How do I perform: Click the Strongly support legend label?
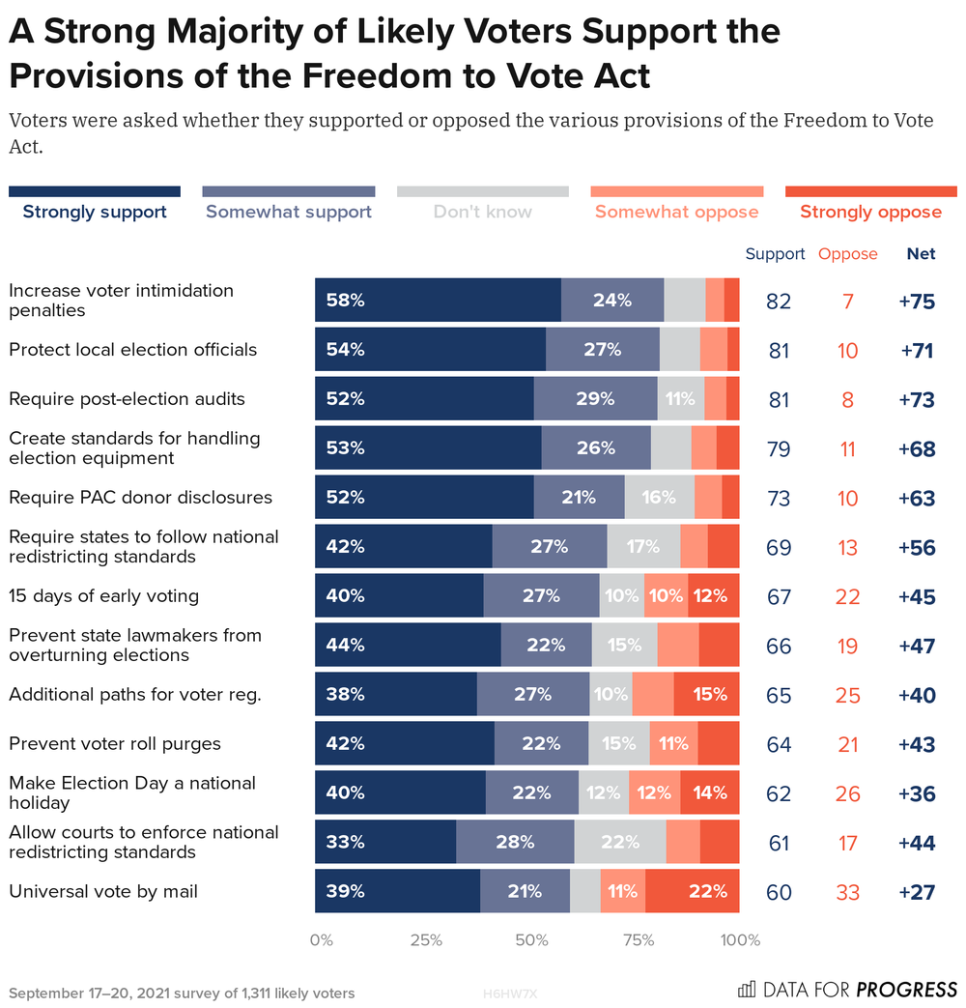pyautogui.click(x=95, y=212)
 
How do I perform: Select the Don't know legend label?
pyautogui.click(x=482, y=212)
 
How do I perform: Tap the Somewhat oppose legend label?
pyautogui.click(x=676, y=212)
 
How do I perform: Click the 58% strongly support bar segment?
pyautogui.click(x=438, y=301)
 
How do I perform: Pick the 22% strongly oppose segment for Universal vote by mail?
pyautogui.click(x=692, y=891)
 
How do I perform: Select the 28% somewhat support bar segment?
pyautogui.click(x=515, y=842)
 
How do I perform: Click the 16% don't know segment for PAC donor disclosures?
pyautogui.click(x=659, y=498)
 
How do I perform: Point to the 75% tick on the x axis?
pyautogui.click(x=634, y=940)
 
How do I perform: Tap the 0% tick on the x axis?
pyautogui.click(x=321, y=940)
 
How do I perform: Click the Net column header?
pyautogui.click(x=921, y=254)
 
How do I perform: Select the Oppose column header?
pyautogui.click(x=847, y=254)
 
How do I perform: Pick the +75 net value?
pyautogui.click(x=916, y=302)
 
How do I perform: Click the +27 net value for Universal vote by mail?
pyautogui.click(x=916, y=892)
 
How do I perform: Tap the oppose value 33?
pyautogui.click(x=847, y=892)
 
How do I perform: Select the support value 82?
pyautogui.click(x=778, y=302)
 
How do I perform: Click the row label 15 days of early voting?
pyautogui.click(x=103, y=595)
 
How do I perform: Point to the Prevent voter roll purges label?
pyautogui.click(x=115, y=743)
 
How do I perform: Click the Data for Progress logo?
pyautogui.click(x=846, y=990)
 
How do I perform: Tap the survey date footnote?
pyautogui.click(x=182, y=994)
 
